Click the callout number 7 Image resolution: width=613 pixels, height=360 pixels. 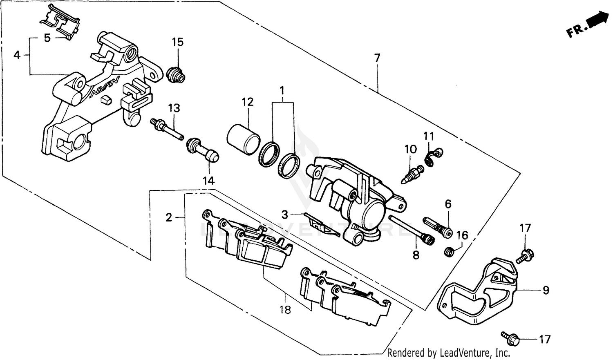point(377,58)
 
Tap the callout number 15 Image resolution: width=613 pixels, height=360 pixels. point(177,42)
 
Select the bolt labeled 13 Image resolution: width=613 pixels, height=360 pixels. point(167,128)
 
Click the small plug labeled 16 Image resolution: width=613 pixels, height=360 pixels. point(449,252)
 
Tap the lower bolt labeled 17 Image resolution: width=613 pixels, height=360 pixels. point(511,338)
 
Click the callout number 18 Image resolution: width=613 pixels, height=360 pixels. point(285,310)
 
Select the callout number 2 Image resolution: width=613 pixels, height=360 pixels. point(169,217)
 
